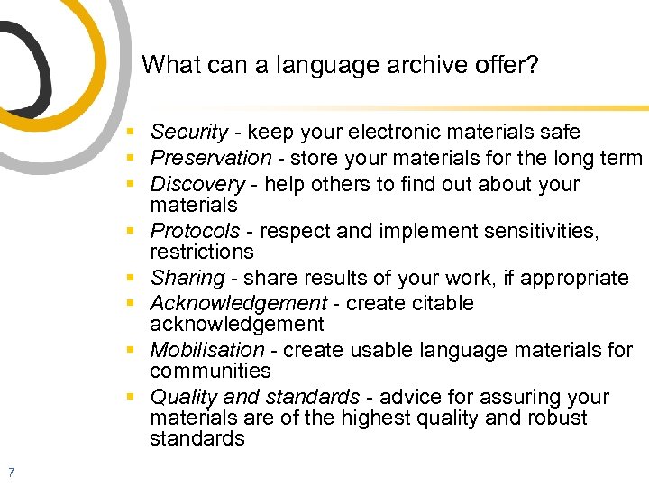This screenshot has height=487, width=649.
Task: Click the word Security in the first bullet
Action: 188,133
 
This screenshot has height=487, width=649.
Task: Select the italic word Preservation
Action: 210,159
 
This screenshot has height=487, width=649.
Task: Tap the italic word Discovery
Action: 197,184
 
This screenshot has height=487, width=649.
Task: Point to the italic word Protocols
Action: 195,232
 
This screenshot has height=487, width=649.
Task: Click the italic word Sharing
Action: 187,278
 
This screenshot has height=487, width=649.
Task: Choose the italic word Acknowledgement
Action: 238,303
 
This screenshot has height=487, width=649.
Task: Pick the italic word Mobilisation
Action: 207,350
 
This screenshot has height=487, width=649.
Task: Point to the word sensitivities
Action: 544,232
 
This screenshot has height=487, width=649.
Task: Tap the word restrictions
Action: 202,252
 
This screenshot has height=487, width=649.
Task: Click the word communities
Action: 210,371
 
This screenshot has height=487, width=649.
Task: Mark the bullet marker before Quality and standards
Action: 132,398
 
